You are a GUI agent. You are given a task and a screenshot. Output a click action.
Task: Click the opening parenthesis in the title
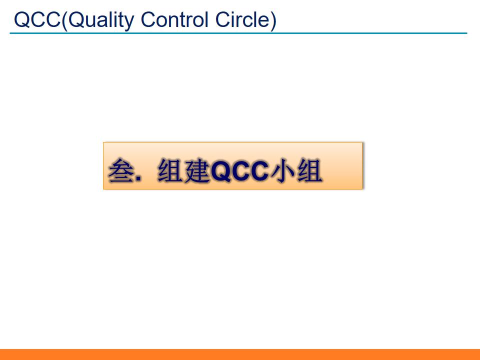pos(64,20)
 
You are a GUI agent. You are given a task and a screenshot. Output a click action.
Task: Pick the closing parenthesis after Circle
pos(273,20)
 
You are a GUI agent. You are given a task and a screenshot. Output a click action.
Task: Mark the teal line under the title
pos(238,33)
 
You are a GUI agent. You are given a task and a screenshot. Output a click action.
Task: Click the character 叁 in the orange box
pos(120,171)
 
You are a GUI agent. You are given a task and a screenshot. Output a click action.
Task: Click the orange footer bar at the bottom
pos(240,354)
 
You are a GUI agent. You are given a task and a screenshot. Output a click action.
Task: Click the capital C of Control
pos(148,19)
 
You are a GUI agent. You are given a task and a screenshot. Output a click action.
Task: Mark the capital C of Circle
pos(222,19)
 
